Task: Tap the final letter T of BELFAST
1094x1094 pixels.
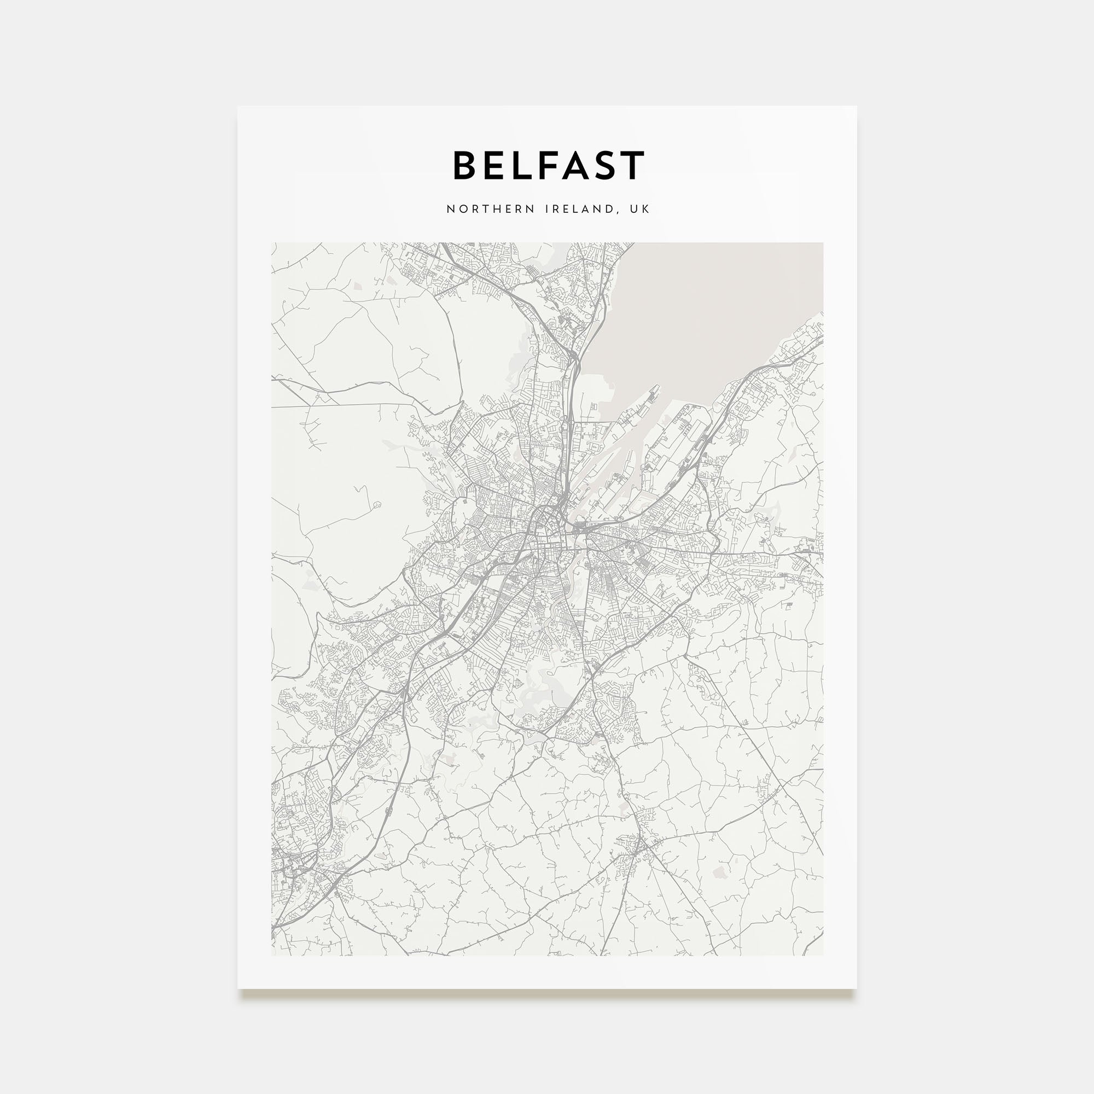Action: [632, 166]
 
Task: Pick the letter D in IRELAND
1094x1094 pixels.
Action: [609, 210]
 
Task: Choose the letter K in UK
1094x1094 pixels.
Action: [645, 210]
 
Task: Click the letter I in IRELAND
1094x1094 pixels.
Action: [547, 210]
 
